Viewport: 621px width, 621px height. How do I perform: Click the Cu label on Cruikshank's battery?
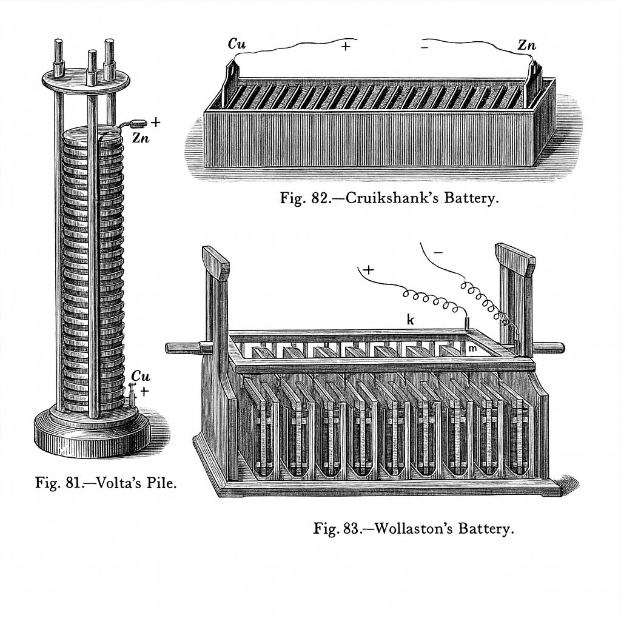point(237,44)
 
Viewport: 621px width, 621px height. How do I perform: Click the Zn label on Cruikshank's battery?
point(526,45)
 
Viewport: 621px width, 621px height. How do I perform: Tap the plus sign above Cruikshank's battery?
point(346,46)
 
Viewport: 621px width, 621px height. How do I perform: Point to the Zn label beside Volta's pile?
point(140,138)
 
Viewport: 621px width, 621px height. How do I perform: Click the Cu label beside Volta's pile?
point(140,376)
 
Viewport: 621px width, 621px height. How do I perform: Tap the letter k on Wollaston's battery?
point(411,320)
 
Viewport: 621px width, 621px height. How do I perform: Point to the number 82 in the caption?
point(318,198)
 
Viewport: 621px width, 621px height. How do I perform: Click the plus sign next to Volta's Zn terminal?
point(155,122)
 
